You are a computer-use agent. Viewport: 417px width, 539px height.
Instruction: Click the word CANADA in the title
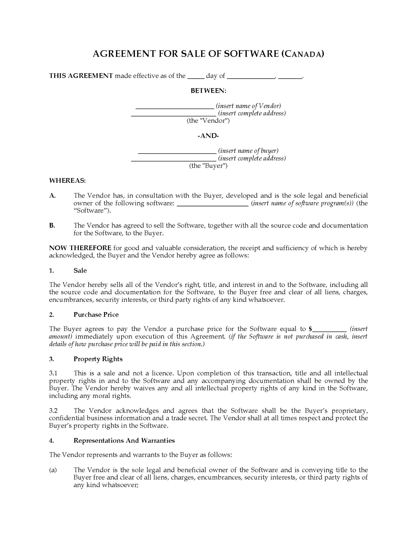[x=303, y=54]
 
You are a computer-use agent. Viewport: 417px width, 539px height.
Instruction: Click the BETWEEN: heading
[x=208, y=91]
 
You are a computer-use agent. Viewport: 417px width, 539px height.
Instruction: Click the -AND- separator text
[x=208, y=136]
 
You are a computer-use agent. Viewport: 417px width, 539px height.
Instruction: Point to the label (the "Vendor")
[x=208, y=121]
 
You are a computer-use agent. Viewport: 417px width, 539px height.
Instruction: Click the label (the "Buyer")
[x=208, y=166]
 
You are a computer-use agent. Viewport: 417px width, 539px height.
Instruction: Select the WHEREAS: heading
[x=67, y=181]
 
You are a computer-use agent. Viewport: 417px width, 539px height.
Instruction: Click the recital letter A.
[x=52, y=196]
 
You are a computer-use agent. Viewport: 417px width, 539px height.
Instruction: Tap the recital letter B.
[x=52, y=225]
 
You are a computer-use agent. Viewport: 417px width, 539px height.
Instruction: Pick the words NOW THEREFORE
[x=80, y=248]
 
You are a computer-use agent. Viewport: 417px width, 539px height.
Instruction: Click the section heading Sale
[x=80, y=271]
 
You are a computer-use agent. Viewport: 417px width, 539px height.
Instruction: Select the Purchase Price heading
[x=96, y=315]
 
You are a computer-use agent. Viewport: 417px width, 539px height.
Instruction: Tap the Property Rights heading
[x=98, y=359]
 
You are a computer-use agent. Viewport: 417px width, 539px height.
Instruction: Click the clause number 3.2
[x=53, y=411]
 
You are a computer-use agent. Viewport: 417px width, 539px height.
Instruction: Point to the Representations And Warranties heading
[x=124, y=440]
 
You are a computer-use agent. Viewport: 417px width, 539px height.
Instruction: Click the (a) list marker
[x=53, y=470]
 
